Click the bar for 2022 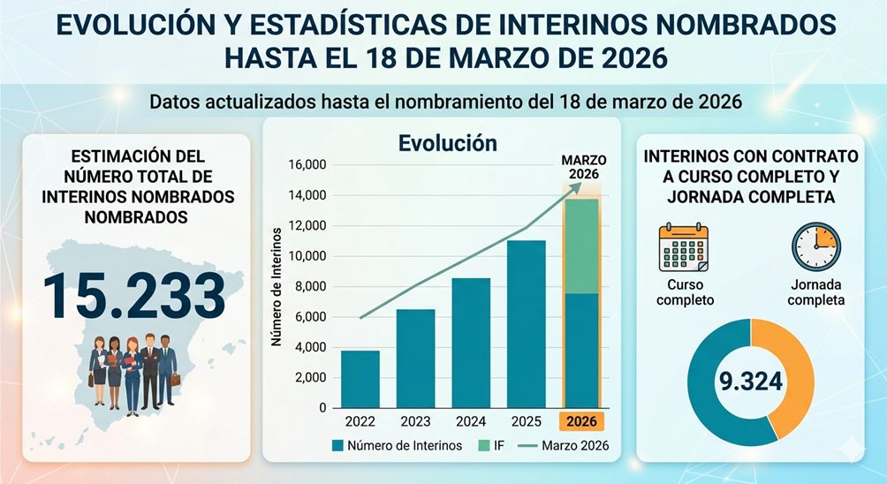(360, 379)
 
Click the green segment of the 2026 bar (580, 246)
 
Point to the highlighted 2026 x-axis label (580, 421)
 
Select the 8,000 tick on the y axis (310, 287)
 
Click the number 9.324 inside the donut (750, 382)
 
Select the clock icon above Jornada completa (815, 246)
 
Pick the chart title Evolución (447, 142)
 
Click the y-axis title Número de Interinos (277, 286)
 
